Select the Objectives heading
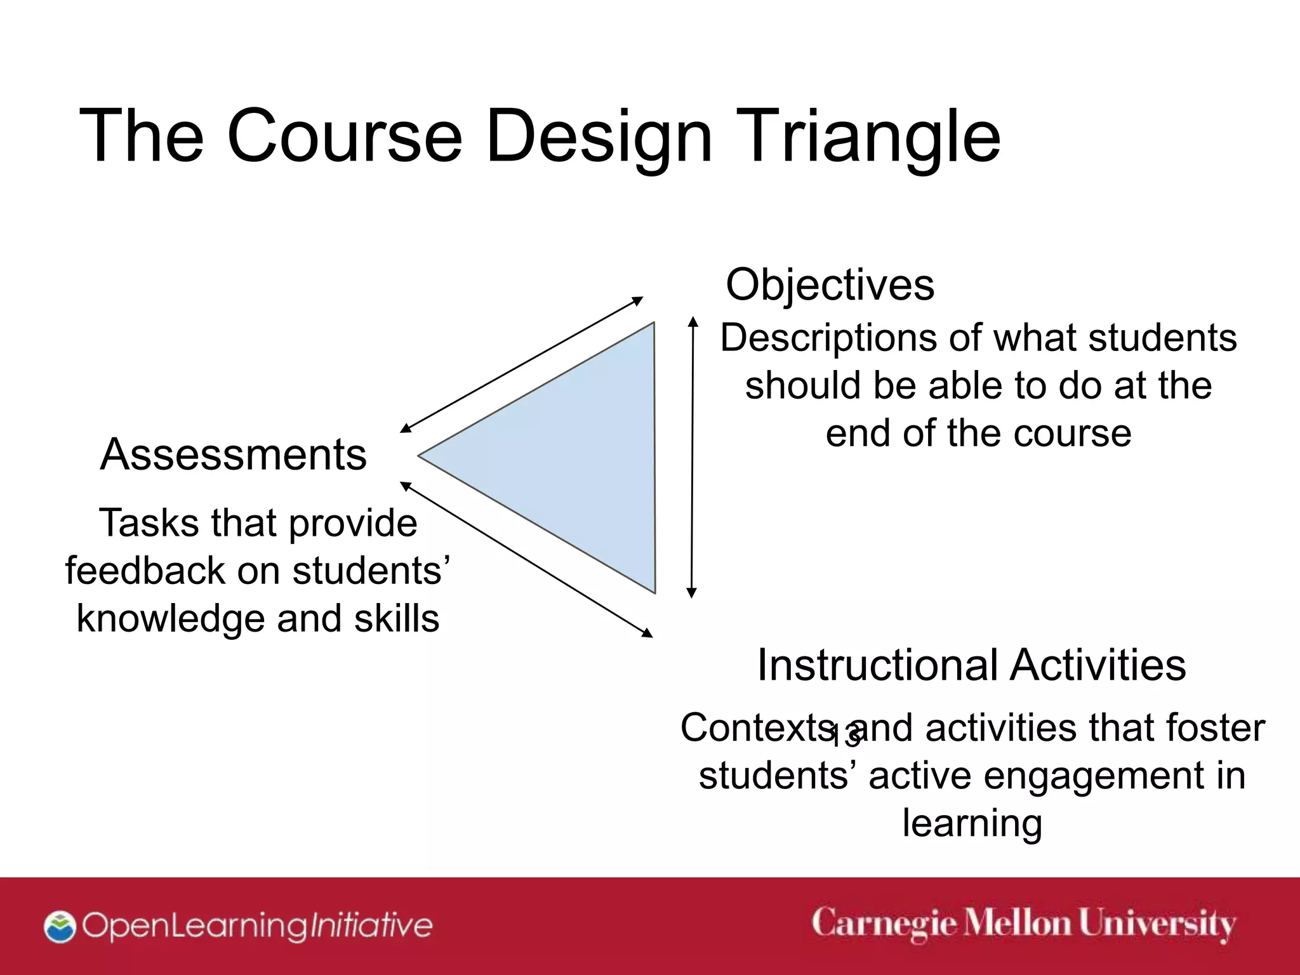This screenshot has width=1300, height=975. pos(830,285)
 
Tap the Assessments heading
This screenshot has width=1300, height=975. pos(233,454)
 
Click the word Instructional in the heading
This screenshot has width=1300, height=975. pos(877,665)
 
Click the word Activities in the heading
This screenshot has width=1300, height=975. pos(1098,665)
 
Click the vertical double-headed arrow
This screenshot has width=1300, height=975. pos(693,457)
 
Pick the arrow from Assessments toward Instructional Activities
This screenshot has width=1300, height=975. pos(526,559)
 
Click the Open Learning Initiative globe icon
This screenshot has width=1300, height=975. pos(60,927)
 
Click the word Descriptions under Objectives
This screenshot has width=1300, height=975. pos(828,338)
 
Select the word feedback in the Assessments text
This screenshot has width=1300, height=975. pos(145,571)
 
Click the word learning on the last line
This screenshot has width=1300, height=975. pos(972,824)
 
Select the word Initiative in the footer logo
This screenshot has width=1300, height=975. pos(371,925)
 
